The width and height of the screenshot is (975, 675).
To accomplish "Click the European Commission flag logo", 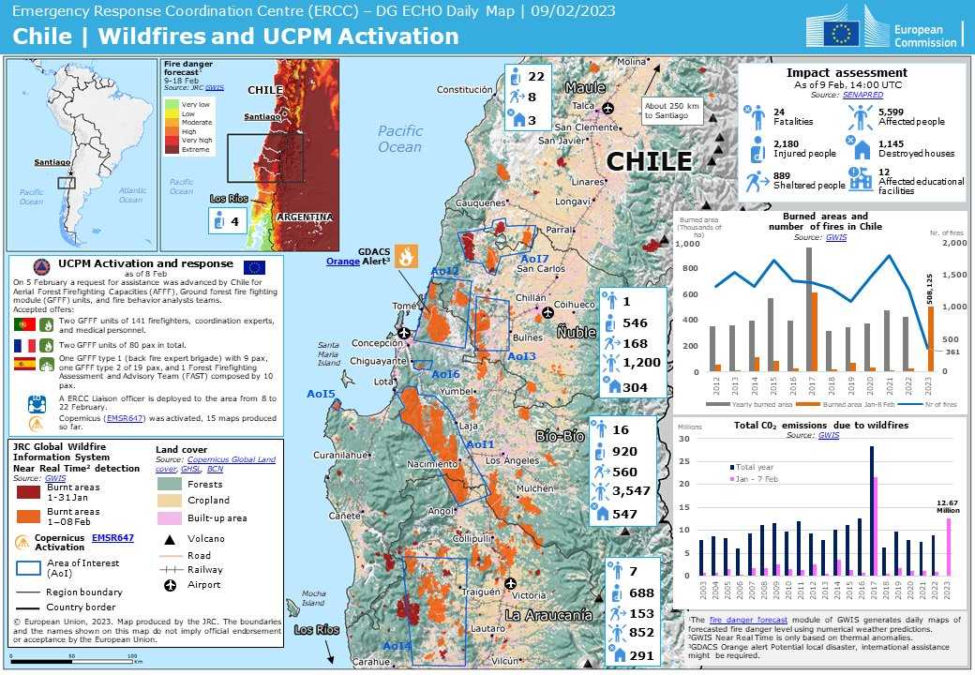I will [841, 34].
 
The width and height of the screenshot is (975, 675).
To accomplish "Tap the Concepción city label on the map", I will [377, 343].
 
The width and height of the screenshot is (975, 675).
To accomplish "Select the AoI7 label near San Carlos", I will [533, 259].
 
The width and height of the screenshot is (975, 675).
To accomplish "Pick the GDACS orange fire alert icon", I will [406, 255].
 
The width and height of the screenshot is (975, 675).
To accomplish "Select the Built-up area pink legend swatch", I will [169, 517].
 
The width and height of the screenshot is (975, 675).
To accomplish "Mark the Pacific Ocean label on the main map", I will [400, 139].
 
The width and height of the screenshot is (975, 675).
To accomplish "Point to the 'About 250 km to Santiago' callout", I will [672, 109].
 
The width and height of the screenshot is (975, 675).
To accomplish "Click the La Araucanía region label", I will [548, 615].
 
